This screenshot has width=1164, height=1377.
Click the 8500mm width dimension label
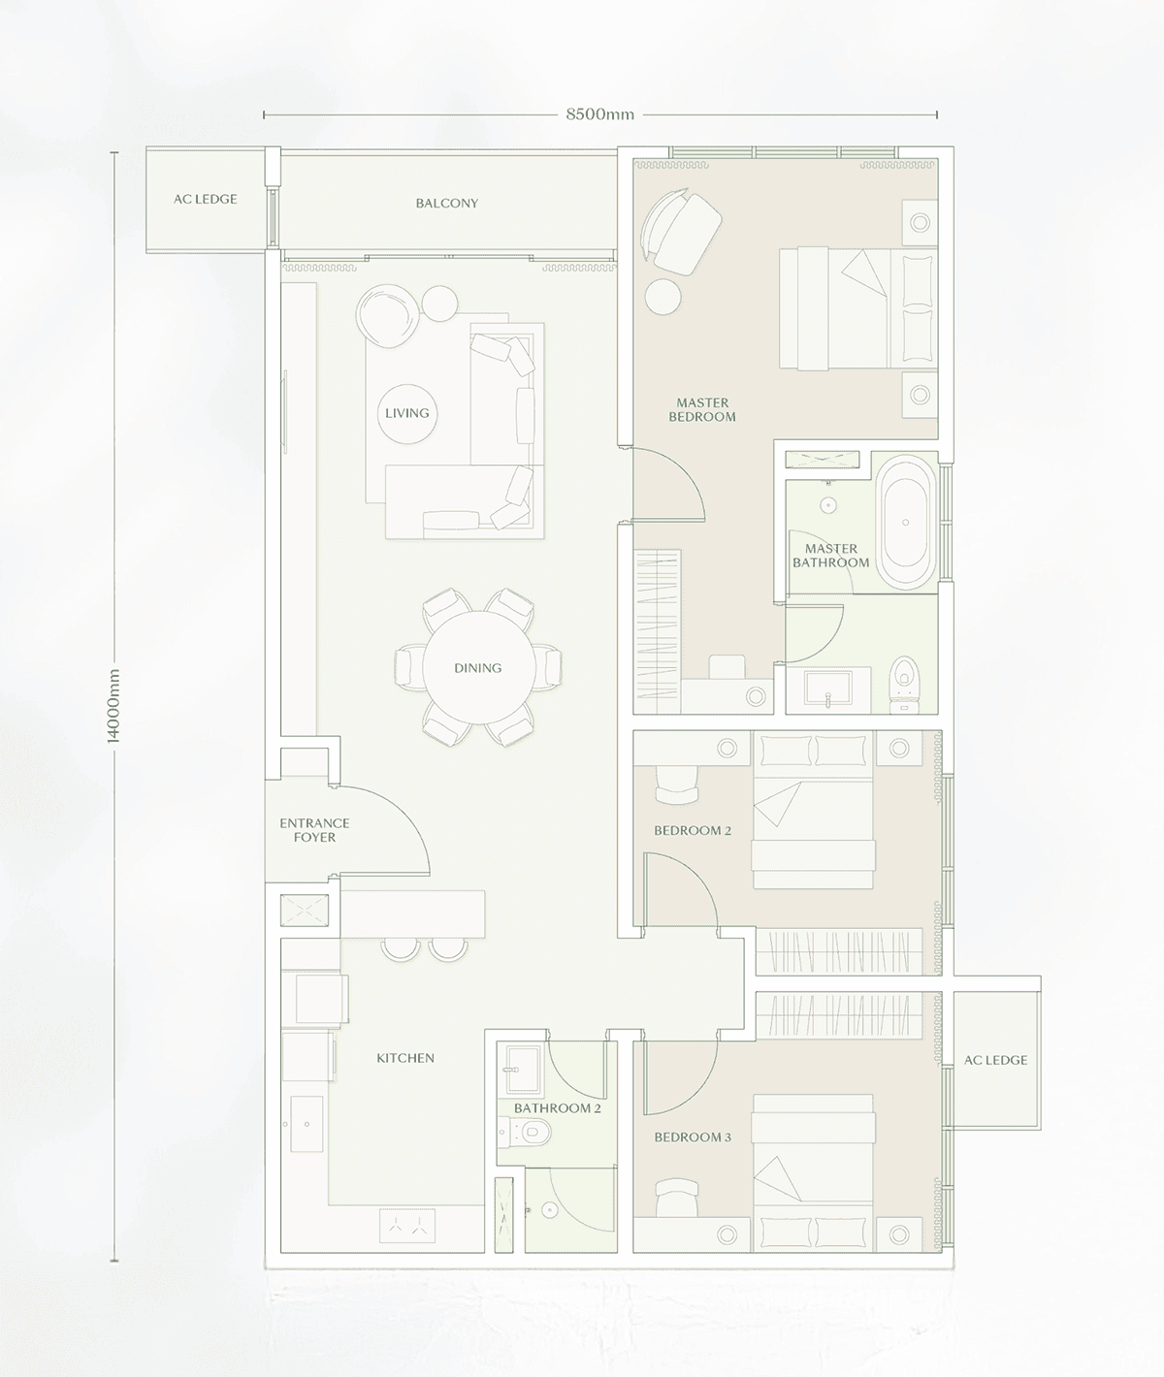coord(599,114)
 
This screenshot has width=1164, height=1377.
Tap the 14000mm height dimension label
coord(113,706)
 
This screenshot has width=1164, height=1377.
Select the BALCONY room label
coord(447,203)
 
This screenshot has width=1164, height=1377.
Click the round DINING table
coord(478,667)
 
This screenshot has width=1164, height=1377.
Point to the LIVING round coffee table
coord(406,413)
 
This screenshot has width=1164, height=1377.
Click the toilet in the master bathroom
coord(904,685)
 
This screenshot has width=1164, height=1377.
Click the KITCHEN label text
coord(405,1058)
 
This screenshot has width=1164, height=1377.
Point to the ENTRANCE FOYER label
coord(314,830)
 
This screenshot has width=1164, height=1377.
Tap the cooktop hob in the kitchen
coord(407,1226)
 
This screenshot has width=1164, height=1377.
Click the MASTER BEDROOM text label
coord(702,409)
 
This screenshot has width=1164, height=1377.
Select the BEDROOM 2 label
coord(693,830)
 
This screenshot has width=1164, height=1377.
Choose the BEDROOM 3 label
coord(693,1137)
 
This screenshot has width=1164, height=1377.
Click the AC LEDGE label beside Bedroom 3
coord(996,1060)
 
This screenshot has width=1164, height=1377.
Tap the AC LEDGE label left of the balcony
coord(206,199)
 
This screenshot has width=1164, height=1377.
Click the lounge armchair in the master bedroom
coord(681,230)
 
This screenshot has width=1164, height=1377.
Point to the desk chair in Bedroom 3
coord(677,1197)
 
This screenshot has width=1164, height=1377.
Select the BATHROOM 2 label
coord(558,1108)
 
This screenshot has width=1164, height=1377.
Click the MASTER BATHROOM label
coord(830,556)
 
